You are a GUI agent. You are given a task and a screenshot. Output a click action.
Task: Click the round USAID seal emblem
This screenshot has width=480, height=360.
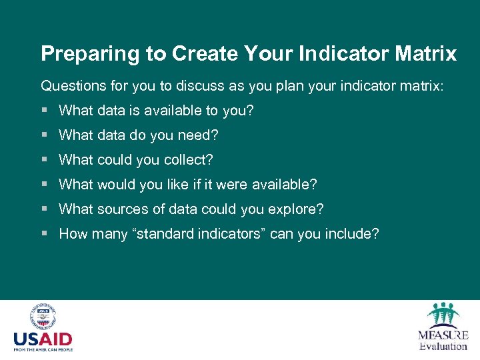[x=43, y=318]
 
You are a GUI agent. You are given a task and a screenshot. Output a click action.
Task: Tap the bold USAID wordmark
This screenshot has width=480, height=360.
[x=43, y=339]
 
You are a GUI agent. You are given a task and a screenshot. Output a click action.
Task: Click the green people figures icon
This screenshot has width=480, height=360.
[x=443, y=315]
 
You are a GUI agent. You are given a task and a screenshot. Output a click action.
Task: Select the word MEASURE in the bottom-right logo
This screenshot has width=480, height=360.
[x=443, y=335]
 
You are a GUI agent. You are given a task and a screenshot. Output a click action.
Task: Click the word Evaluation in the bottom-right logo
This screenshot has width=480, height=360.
[x=443, y=346]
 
